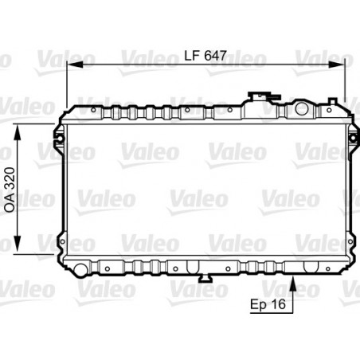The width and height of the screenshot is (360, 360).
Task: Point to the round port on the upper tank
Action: [x=302, y=107]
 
